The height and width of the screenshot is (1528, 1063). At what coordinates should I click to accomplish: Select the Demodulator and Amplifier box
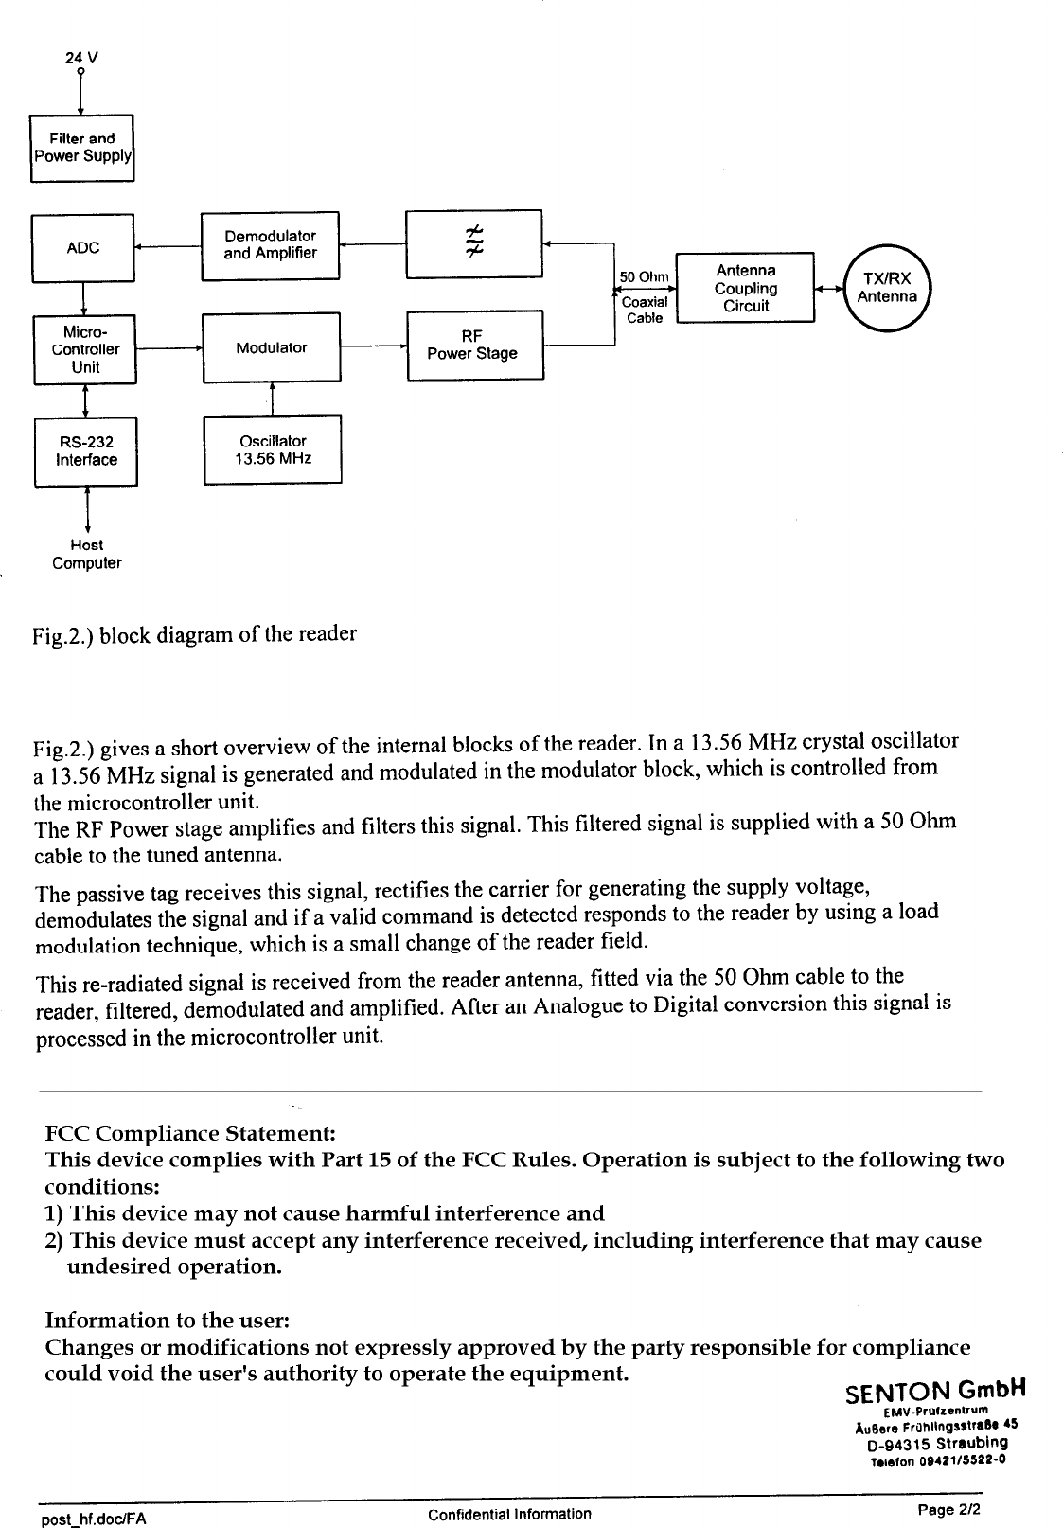click(x=270, y=245)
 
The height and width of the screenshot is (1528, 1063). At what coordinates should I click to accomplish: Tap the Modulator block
click(x=271, y=347)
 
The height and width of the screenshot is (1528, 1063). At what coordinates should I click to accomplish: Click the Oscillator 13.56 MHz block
click(x=272, y=450)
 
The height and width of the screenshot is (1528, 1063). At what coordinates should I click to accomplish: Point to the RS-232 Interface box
click(x=86, y=452)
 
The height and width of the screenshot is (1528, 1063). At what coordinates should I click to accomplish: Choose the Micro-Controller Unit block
click(x=84, y=349)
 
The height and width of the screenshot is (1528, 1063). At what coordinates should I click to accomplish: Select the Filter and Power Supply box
click(x=82, y=147)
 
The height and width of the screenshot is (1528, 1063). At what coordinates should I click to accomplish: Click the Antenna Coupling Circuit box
click(x=745, y=288)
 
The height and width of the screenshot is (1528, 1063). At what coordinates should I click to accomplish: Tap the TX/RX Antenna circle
click(x=887, y=287)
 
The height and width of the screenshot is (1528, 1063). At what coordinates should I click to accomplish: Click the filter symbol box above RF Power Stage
click(x=472, y=243)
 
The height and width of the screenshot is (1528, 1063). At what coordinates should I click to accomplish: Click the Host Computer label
click(x=87, y=555)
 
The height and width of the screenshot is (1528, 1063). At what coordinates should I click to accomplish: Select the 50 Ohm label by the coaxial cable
click(x=644, y=277)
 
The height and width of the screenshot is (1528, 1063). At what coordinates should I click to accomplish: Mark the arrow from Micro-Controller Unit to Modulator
click(x=168, y=348)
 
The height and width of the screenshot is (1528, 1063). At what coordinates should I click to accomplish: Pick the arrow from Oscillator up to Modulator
click(x=272, y=399)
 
